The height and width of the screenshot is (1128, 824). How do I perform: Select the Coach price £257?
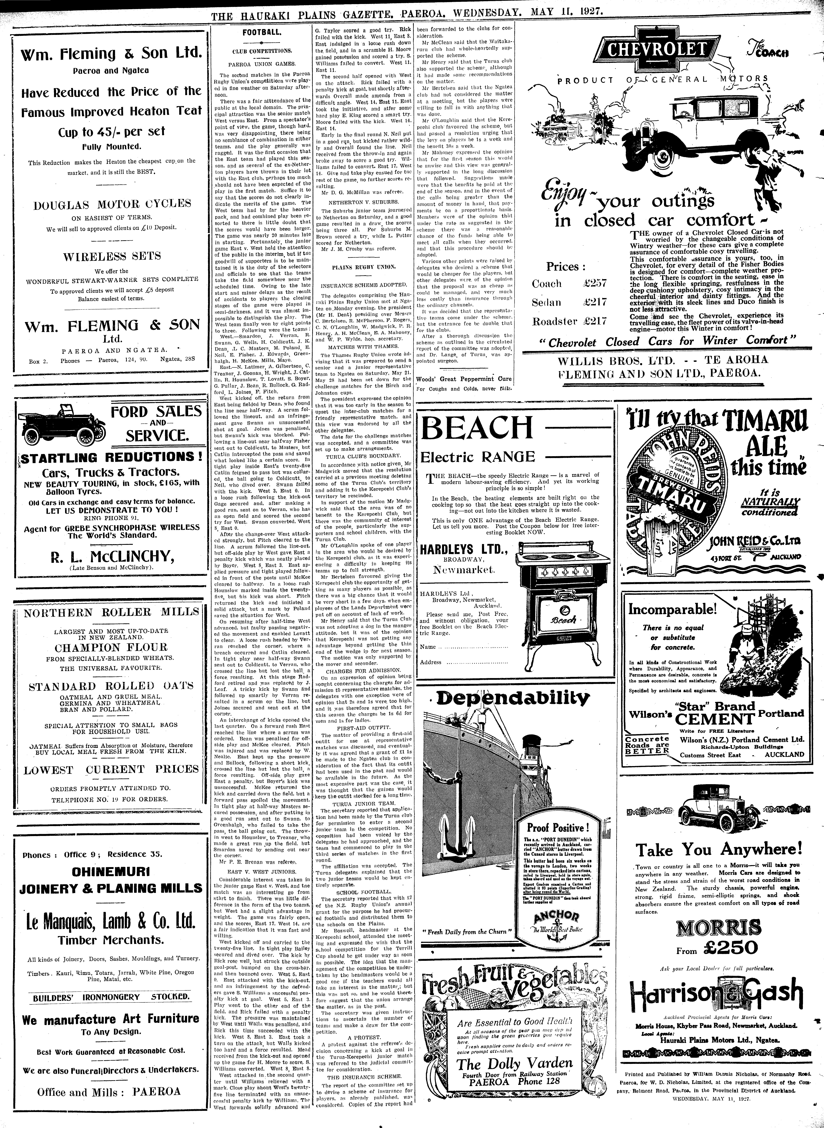point(595,283)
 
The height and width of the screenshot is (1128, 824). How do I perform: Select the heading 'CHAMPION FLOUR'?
point(111,647)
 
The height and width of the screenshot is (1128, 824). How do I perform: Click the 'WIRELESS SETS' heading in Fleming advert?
point(112,256)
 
